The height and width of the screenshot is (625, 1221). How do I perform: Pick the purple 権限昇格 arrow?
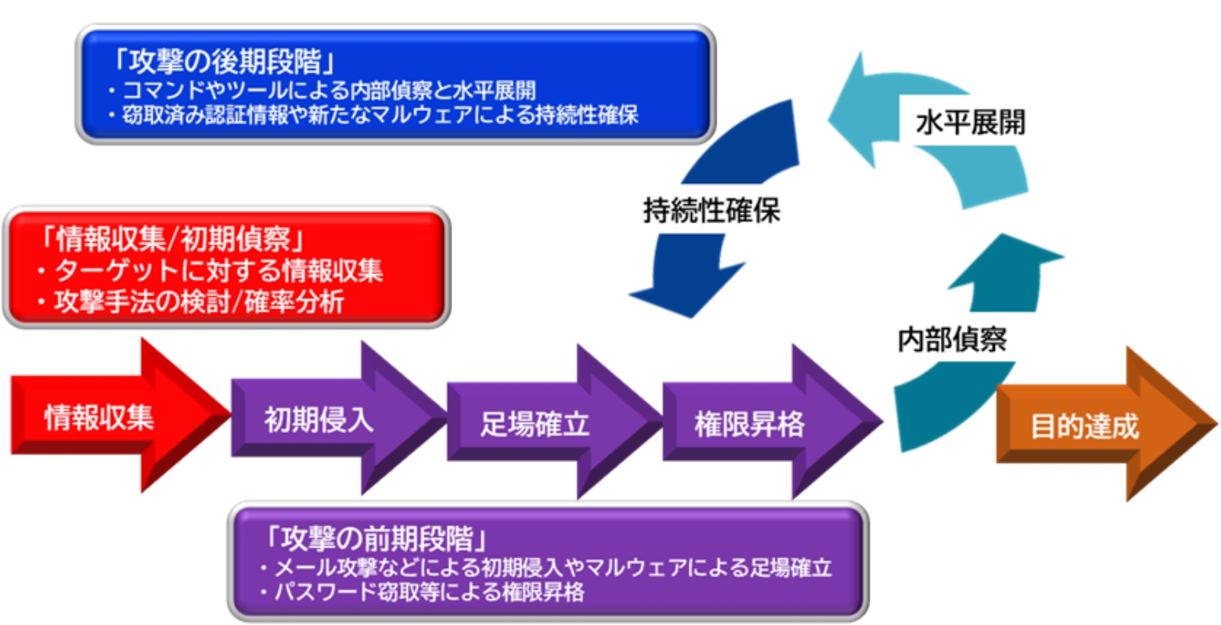[x=750, y=424]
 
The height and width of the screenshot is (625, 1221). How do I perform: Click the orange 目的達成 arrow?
[x=1085, y=426]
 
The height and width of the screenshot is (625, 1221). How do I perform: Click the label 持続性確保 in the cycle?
[x=711, y=210]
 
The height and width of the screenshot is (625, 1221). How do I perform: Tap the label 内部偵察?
[x=952, y=339]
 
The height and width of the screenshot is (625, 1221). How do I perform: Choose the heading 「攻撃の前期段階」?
[x=378, y=540]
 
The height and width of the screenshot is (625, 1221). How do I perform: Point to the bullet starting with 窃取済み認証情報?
[x=374, y=114]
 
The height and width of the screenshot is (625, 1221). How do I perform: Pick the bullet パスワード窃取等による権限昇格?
[x=422, y=591]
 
